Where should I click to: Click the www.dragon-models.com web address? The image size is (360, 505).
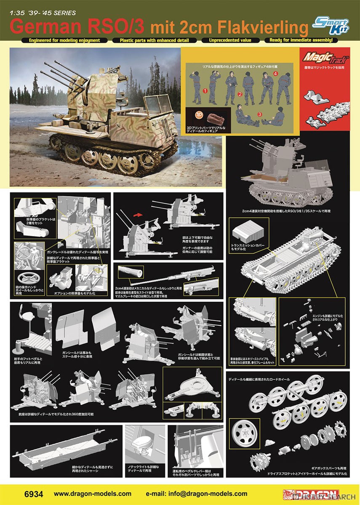pos(93,494)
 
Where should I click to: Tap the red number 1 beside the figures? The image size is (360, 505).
pos(205,90)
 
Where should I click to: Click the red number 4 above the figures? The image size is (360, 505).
pos(275,73)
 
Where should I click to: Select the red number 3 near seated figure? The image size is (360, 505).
pos(260,114)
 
